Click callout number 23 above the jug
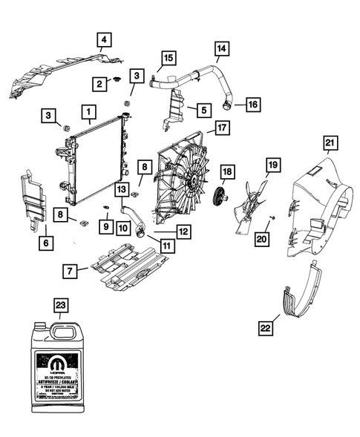(62, 304)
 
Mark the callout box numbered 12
(183, 232)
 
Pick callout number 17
(221, 128)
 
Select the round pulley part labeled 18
(218, 197)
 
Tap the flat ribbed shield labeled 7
(126, 268)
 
